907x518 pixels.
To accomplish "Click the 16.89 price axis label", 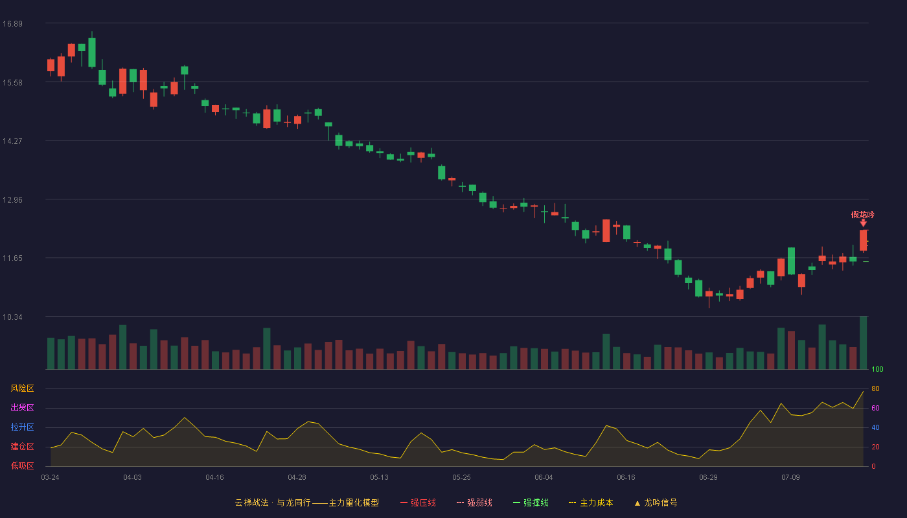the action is pos(12,24).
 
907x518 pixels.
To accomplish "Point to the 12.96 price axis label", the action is pos(12,200).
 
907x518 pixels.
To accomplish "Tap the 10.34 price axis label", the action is pos(12,317).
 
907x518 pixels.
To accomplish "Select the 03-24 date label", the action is pos(51,478).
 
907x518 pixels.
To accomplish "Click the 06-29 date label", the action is pos(708,478).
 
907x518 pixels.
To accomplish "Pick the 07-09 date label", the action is pos(790,478).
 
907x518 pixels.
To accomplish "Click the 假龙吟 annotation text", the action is pos(862,214).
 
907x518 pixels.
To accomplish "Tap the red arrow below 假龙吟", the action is pos(863,223).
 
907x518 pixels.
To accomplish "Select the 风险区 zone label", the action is pos(22,388).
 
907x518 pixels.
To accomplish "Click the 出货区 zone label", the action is pos(22,407).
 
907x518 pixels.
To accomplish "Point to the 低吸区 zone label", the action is pos(22,466).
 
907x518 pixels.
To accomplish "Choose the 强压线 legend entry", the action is pos(418,502).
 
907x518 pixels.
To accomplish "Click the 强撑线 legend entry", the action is pos(531,502).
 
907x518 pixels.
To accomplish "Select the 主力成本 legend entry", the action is pos(591,502).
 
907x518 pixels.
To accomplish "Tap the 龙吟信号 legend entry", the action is pos(656,502).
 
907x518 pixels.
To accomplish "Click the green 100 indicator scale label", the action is pos(877,369).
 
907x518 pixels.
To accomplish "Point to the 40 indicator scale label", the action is pos(875,427).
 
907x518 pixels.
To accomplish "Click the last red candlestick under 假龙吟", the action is pos(863,240).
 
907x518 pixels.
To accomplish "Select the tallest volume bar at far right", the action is pos(863,343).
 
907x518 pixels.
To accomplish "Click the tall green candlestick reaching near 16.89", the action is pos(92,52).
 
